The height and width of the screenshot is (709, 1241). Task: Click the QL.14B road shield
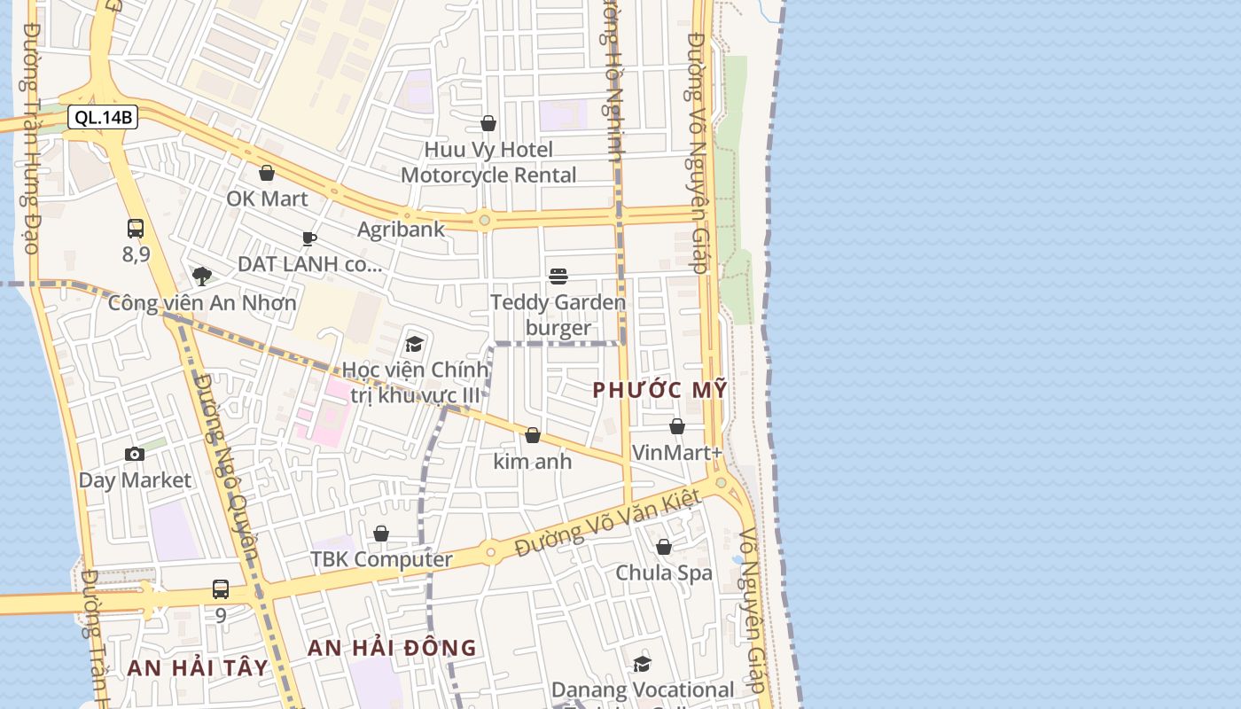[103, 117]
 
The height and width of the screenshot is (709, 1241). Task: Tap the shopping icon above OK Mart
[266, 173]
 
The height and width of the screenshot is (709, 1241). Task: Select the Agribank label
[401, 230]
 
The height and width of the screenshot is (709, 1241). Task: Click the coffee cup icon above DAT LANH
[308, 238]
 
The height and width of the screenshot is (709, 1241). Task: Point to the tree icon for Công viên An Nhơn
[202, 276]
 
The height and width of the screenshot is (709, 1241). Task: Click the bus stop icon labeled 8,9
[135, 229]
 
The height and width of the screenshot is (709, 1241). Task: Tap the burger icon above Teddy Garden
[558, 276]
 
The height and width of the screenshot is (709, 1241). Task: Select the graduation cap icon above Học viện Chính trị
[414, 344]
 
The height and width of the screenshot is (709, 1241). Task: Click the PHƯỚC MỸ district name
[660, 390]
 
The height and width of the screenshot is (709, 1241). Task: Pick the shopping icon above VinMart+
[677, 426]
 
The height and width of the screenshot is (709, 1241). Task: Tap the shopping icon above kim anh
[533, 435]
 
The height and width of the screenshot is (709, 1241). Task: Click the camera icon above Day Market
[135, 455]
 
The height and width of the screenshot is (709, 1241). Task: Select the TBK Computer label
[381, 560]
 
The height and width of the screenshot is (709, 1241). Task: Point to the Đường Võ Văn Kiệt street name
[608, 523]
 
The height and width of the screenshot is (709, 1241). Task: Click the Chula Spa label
[664, 573]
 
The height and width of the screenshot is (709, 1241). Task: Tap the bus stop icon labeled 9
[220, 588]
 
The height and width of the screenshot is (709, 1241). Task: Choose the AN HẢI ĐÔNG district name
[392, 648]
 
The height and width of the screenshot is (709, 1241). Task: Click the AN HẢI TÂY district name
[197, 667]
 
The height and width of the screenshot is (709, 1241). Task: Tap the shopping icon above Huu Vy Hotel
[488, 123]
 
